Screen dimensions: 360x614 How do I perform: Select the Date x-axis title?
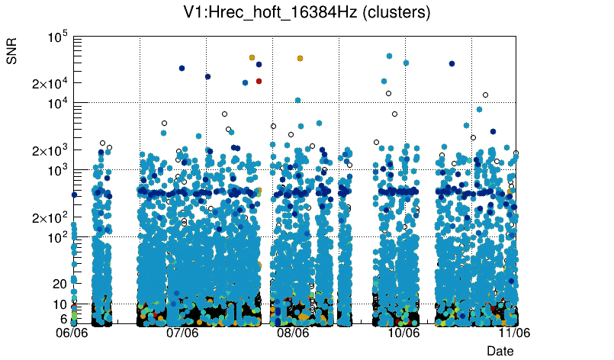point(500,350)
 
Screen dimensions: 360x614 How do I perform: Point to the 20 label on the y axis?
point(60,284)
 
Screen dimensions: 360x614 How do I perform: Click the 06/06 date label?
point(73,333)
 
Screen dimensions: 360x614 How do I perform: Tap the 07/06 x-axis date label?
point(183,333)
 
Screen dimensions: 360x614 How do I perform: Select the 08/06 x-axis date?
point(293,333)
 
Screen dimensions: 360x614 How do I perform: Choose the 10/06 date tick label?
point(403,333)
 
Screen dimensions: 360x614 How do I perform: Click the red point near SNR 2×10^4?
point(259,81)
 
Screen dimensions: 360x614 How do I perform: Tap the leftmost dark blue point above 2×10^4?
point(182,68)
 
